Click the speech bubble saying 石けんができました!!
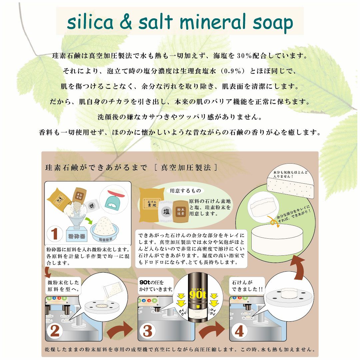point(246,286)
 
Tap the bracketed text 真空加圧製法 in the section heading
point(185,168)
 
